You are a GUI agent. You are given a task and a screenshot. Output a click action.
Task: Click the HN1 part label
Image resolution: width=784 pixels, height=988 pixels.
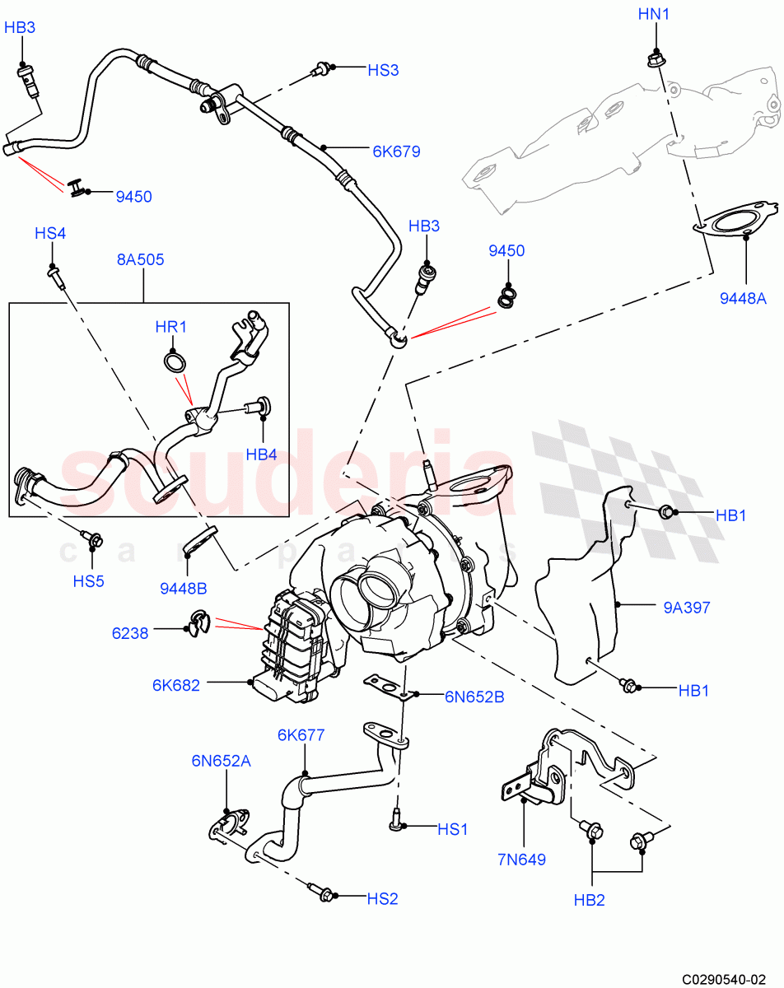coord(656,14)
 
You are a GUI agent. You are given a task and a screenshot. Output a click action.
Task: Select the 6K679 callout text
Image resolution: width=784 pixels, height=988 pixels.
coord(396,151)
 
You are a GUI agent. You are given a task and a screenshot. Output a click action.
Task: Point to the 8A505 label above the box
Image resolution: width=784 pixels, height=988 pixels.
coord(140,259)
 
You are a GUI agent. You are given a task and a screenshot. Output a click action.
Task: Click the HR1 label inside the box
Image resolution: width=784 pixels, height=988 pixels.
coord(171,327)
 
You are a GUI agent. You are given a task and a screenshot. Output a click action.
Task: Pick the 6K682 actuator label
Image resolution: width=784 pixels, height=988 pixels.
coord(175,684)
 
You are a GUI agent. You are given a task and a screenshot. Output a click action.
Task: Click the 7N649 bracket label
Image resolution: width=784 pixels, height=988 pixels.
coord(521,860)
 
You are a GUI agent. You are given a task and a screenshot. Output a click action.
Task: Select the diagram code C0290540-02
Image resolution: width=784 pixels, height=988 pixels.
coord(729,978)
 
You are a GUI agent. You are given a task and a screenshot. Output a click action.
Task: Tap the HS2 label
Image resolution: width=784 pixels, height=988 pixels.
coord(382,898)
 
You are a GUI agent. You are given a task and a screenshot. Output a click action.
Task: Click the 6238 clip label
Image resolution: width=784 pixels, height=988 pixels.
coord(129,632)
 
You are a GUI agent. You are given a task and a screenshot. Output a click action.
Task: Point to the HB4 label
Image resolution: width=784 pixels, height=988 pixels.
coord(261,454)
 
